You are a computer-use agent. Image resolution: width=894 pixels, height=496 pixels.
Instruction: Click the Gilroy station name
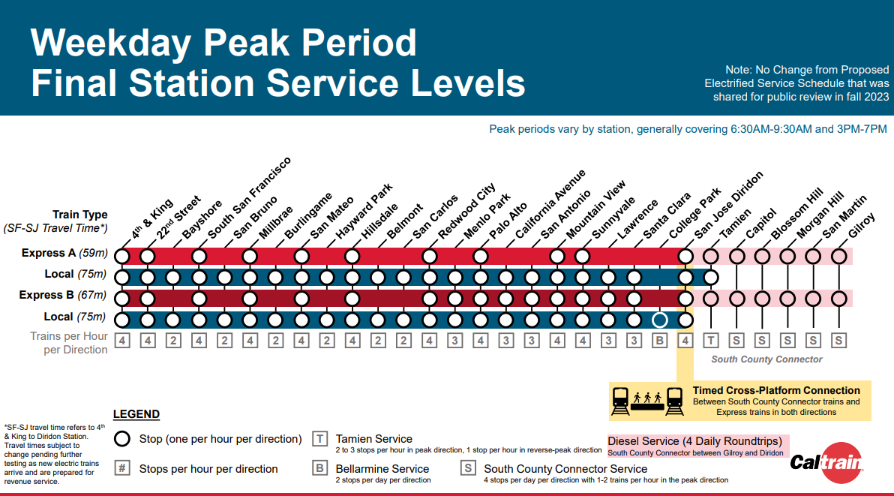click(861, 226)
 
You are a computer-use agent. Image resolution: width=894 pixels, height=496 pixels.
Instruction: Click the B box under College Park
click(659, 341)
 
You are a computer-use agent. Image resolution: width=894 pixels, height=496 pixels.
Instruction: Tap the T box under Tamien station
click(711, 341)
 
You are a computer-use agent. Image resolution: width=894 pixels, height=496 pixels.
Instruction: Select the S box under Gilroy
click(838, 341)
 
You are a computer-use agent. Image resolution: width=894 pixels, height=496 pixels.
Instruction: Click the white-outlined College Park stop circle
click(659, 320)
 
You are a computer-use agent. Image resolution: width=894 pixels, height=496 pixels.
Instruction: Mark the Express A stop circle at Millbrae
click(250, 257)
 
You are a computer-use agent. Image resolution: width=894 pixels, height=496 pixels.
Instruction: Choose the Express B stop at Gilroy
click(838, 299)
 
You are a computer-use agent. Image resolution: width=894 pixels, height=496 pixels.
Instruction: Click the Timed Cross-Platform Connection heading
click(775, 390)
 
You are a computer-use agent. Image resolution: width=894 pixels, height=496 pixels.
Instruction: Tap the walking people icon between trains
click(646, 396)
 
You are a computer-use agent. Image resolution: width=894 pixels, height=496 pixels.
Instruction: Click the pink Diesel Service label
click(694, 441)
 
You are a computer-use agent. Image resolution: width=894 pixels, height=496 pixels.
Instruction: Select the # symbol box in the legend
click(122, 468)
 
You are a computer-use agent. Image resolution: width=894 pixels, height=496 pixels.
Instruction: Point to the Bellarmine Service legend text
click(382, 469)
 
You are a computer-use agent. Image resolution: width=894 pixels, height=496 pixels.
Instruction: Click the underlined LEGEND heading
click(136, 414)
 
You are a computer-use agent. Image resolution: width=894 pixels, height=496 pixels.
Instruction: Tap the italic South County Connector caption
click(766, 359)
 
